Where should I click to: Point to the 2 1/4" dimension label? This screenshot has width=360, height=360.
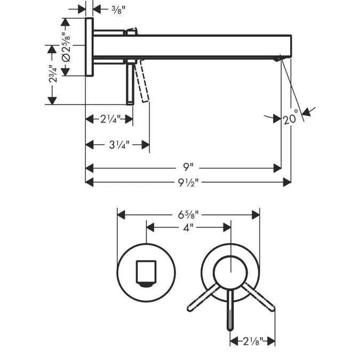point(110,119)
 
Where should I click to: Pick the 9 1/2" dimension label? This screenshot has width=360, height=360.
point(188,182)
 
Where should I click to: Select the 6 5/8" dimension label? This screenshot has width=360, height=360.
point(188,215)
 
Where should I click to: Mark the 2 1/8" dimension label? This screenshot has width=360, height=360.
point(251,340)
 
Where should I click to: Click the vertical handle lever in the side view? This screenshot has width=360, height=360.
point(130,82)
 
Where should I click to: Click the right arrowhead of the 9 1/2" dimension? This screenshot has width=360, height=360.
point(287,182)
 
